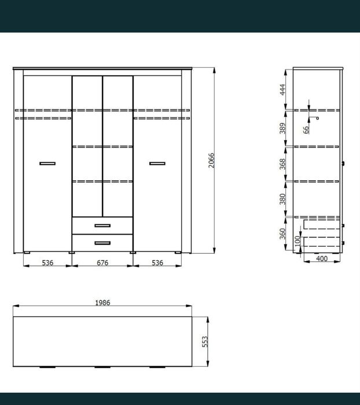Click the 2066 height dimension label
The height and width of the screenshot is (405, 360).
pyautogui.click(x=211, y=160)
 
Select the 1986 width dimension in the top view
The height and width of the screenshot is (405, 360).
pyautogui.click(x=102, y=302)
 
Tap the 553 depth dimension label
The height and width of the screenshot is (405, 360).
pyautogui.click(x=205, y=341)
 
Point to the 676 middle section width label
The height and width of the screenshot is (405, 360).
pyautogui.click(x=102, y=262)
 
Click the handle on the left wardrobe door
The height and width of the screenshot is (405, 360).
pyautogui.click(x=47, y=163)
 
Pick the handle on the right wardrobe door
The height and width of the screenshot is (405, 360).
pyautogui.click(x=157, y=163)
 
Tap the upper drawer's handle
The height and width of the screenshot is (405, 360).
pyautogui.click(x=102, y=225)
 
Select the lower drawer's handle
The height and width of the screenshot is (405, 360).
pyautogui.click(x=102, y=243)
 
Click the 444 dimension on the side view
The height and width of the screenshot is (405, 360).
pyautogui.click(x=283, y=89)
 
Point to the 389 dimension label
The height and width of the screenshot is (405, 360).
pyautogui.click(x=283, y=129)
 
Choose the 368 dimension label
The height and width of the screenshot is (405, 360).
pyautogui.click(x=283, y=164)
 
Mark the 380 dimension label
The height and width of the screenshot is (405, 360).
pyautogui.click(x=283, y=199)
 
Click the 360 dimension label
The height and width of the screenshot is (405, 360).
pyautogui.click(x=283, y=233)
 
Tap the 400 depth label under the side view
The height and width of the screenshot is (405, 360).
pyautogui.click(x=322, y=258)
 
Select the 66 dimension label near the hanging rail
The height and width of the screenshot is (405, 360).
pyautogui.click(x=306, y=130)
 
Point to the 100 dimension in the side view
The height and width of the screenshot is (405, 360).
pyautogui.click(x=297, y=241)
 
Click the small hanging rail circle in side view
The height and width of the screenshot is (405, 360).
pyautogui.click(x=317, y=118)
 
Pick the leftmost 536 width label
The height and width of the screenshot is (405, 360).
pyautogui.click(x=47, y=262)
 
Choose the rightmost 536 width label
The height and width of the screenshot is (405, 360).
pyautogui.click(x=157, y=262)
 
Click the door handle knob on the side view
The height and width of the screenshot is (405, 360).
pyautogui.click(x=343, y=163)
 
